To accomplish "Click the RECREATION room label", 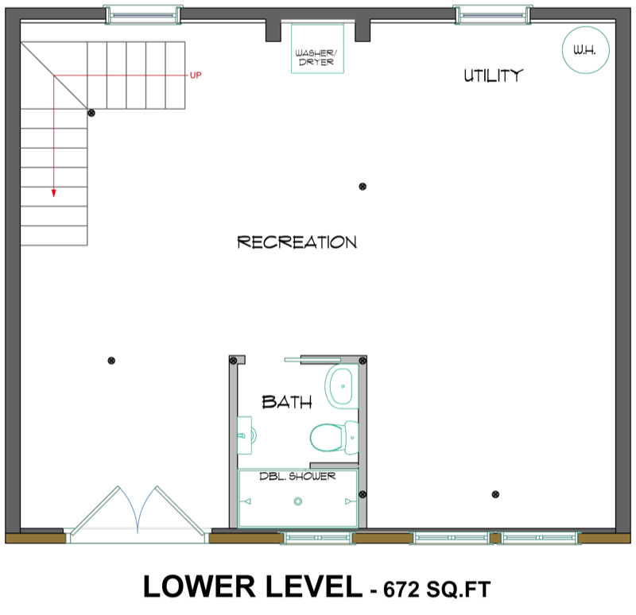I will [297, 242].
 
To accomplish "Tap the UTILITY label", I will [493, 76].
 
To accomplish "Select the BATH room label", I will [286, 402].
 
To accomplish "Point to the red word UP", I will [196, 75].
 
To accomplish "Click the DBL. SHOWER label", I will [298, 477].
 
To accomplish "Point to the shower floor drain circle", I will [298, 501].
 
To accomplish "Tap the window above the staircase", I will [142, 13].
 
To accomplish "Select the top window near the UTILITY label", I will [492, 13].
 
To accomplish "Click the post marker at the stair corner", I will [91, 114].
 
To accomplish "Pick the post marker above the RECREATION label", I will [363, 186].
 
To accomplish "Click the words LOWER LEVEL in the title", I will [251, 587].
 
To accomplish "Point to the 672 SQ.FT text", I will [436, 589].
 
